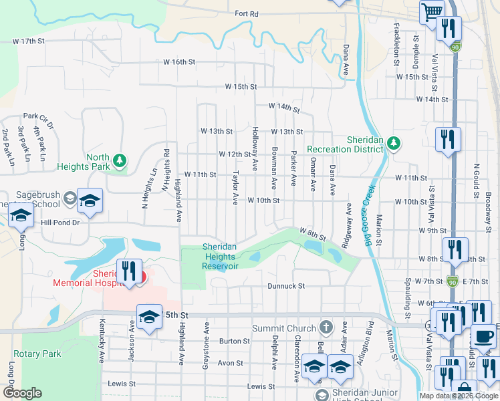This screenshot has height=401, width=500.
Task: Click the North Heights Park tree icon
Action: [x=120, y=160]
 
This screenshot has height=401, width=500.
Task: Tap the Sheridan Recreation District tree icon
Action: [x=394, y=142]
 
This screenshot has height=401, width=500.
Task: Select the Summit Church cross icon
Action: [x=326, y=327]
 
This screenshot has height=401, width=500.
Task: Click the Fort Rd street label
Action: [x=246, y=13]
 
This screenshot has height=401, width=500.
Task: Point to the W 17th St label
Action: [x=28, y=41]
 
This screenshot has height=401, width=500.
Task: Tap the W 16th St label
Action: [x=178, y=61]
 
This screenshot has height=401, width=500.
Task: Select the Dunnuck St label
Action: [x=287, y=285]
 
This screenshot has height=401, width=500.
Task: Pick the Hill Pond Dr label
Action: [x=60, y=223]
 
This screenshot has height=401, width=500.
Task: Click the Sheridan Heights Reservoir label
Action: [x=220, y=256]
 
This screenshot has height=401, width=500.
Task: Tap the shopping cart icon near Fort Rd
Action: [x=432, y=11]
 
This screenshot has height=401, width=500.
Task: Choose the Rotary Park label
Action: [x=37, y=354]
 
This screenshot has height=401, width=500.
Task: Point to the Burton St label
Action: [x=234, y=341]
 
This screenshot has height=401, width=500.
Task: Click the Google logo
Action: [x=21, y=393]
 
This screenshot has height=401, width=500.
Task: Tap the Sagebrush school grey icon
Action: [x=70, y=197]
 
